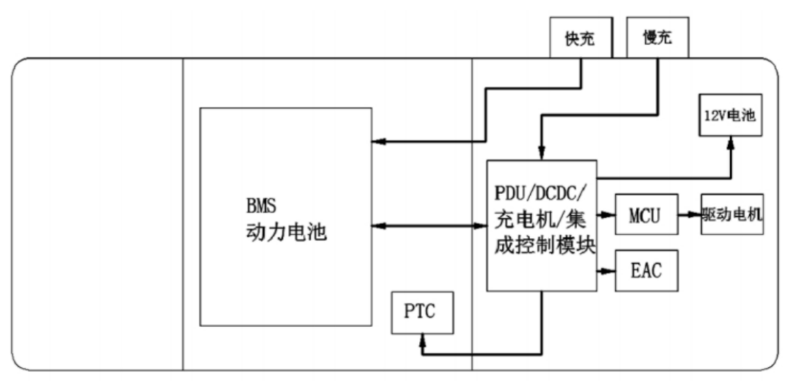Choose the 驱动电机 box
[x=732, y=215]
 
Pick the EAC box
[x=645, y=271]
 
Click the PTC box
[x=421, y=312]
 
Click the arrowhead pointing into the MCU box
[x=609, y=215]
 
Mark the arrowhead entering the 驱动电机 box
[x=696, y=215]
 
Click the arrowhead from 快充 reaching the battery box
[x=377, y=141]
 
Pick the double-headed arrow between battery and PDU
[x=429, y=225]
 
